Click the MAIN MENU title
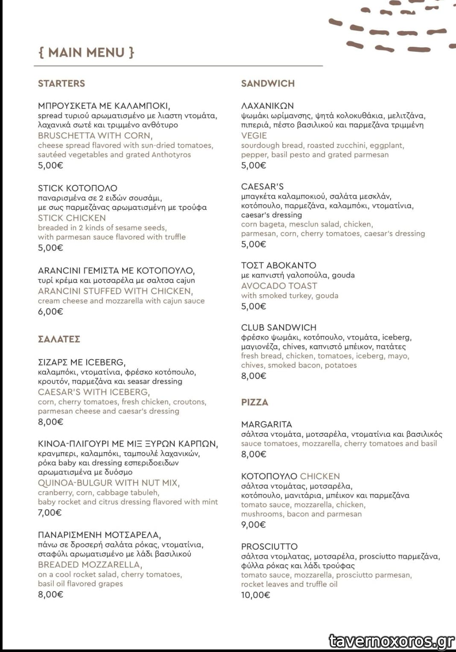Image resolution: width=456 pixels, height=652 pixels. tap(86, 53)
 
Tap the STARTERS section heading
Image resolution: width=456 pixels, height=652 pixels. tap(61, 83)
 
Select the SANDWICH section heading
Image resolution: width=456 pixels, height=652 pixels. tap(268, 83)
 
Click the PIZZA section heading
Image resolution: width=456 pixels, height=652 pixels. tap(254, 402)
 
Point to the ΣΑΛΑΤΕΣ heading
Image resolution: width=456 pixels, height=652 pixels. tap(59, 339)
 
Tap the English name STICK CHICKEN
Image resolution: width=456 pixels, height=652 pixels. tap(72, 218)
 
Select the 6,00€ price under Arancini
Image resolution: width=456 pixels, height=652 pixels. tap(50, 312)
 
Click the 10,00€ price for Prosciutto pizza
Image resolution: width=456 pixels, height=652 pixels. tap(255, 595)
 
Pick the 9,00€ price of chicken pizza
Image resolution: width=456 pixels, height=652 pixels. tap(253, 524)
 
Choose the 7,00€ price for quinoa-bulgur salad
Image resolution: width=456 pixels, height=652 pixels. tap(50, 512)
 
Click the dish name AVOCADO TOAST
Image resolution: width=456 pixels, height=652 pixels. tap(279, 286)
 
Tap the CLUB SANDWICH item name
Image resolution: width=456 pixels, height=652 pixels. tap(279, 327)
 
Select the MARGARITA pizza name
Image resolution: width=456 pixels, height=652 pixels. tap(266, 424)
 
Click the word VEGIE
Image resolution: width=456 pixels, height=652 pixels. tap(254, 135)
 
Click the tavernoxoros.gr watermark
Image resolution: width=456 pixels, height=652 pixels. tap(391, 641)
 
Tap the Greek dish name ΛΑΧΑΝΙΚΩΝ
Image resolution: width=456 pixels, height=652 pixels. tap(267, 105)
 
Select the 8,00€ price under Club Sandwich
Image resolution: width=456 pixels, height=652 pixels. tap(254, 376)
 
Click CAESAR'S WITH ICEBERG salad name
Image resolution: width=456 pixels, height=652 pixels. tap(94, 392)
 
